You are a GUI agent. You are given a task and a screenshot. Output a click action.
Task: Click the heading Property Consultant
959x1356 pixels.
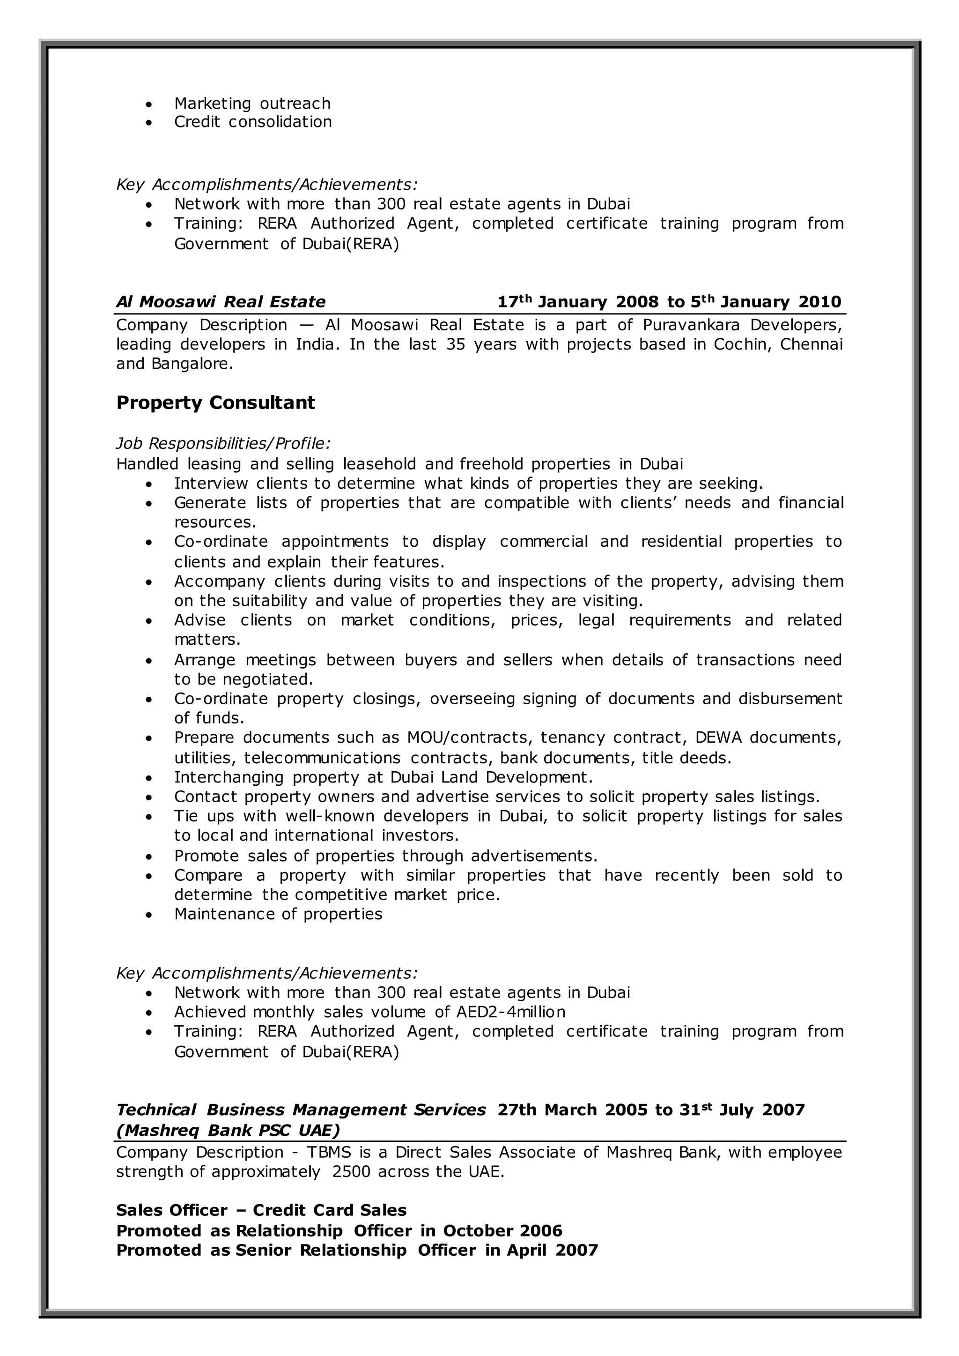[x=215, y=403]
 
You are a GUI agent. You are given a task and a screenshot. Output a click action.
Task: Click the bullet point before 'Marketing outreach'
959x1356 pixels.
[x=149, y=104]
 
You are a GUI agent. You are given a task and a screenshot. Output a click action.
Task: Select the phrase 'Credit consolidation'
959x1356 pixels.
[x=253, y=122]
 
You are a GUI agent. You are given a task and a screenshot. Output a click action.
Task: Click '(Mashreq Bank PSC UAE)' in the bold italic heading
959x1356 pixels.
[x=229, y=1130]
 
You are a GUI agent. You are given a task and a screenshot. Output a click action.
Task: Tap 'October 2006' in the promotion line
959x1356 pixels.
[x=502, y=1231]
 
